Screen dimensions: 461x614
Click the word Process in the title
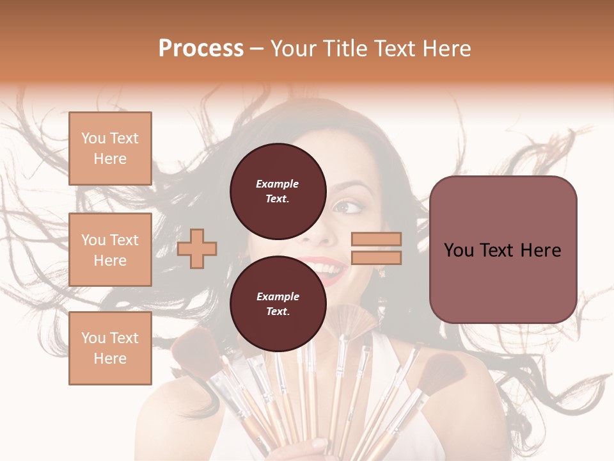click(201, 49)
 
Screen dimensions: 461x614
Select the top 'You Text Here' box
click(110, 149)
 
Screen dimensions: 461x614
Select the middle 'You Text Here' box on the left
click(110, 250)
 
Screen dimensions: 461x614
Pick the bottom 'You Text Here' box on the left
click(110, 348)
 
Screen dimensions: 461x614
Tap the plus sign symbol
click(197, 248)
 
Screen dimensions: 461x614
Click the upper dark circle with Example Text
click(278, 191)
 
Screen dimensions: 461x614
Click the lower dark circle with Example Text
click(278, 303)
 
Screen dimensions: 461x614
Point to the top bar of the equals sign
click(377, 239)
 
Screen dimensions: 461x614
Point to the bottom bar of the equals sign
click(377, 258)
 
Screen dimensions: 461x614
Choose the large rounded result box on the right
click(503, 250)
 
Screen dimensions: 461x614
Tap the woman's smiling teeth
click(327, 266)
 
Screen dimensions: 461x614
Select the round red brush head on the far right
click(444, 371)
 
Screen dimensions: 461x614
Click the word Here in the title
click(445, 49)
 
